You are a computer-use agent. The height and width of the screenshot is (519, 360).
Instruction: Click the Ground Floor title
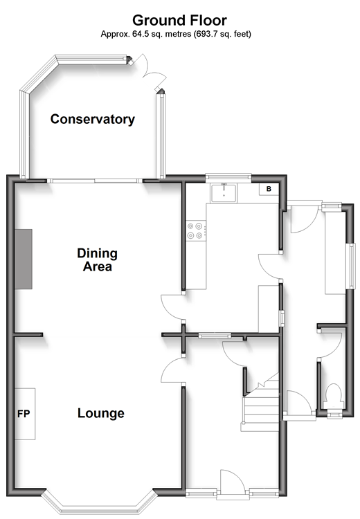coord(179,21)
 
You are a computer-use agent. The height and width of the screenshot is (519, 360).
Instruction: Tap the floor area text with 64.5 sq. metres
coord(176,34)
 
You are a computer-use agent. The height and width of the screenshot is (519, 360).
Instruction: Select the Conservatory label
coord(92,119)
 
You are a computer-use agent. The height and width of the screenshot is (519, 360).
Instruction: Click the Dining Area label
coord(97,259)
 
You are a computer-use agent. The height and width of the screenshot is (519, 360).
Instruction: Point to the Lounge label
coord(100,413)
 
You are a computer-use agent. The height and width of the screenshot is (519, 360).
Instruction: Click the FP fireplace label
coord(24,414)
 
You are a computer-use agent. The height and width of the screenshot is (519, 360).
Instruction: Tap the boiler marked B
coord(269,189)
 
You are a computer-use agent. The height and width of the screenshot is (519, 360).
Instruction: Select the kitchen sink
coord(224,193)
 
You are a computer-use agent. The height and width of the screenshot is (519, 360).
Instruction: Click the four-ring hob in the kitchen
coord(196,230)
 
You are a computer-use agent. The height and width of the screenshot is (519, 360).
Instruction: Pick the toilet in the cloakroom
coord(333,397)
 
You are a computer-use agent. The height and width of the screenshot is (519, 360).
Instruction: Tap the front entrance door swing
coord(233,482)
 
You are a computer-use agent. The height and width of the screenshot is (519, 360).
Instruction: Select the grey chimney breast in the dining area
coord(24,259)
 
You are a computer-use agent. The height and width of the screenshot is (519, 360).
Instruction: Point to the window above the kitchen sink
coord(228,177)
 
